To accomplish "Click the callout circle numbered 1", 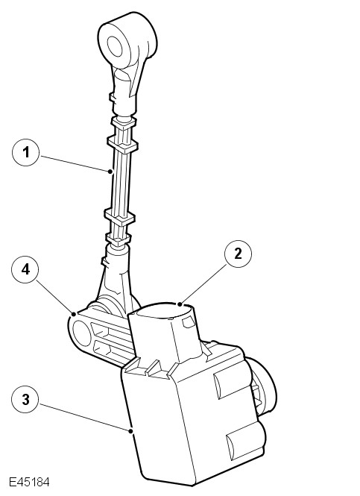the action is [26, 152].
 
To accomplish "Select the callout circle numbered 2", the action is [238, 254].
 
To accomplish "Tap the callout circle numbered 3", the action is [25, 399].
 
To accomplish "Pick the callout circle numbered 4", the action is [25, 269].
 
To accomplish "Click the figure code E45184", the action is [29, 483].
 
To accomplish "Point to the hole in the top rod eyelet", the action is [115, 46].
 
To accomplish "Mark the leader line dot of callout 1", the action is [110, 172].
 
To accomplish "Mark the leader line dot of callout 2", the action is [180, 304].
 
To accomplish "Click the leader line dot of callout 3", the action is [131, 430].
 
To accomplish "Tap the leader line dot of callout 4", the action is [74, 314].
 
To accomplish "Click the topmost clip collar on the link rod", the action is [124, 122].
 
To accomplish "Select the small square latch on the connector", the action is [189, 322].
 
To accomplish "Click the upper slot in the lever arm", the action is [109, 332].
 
